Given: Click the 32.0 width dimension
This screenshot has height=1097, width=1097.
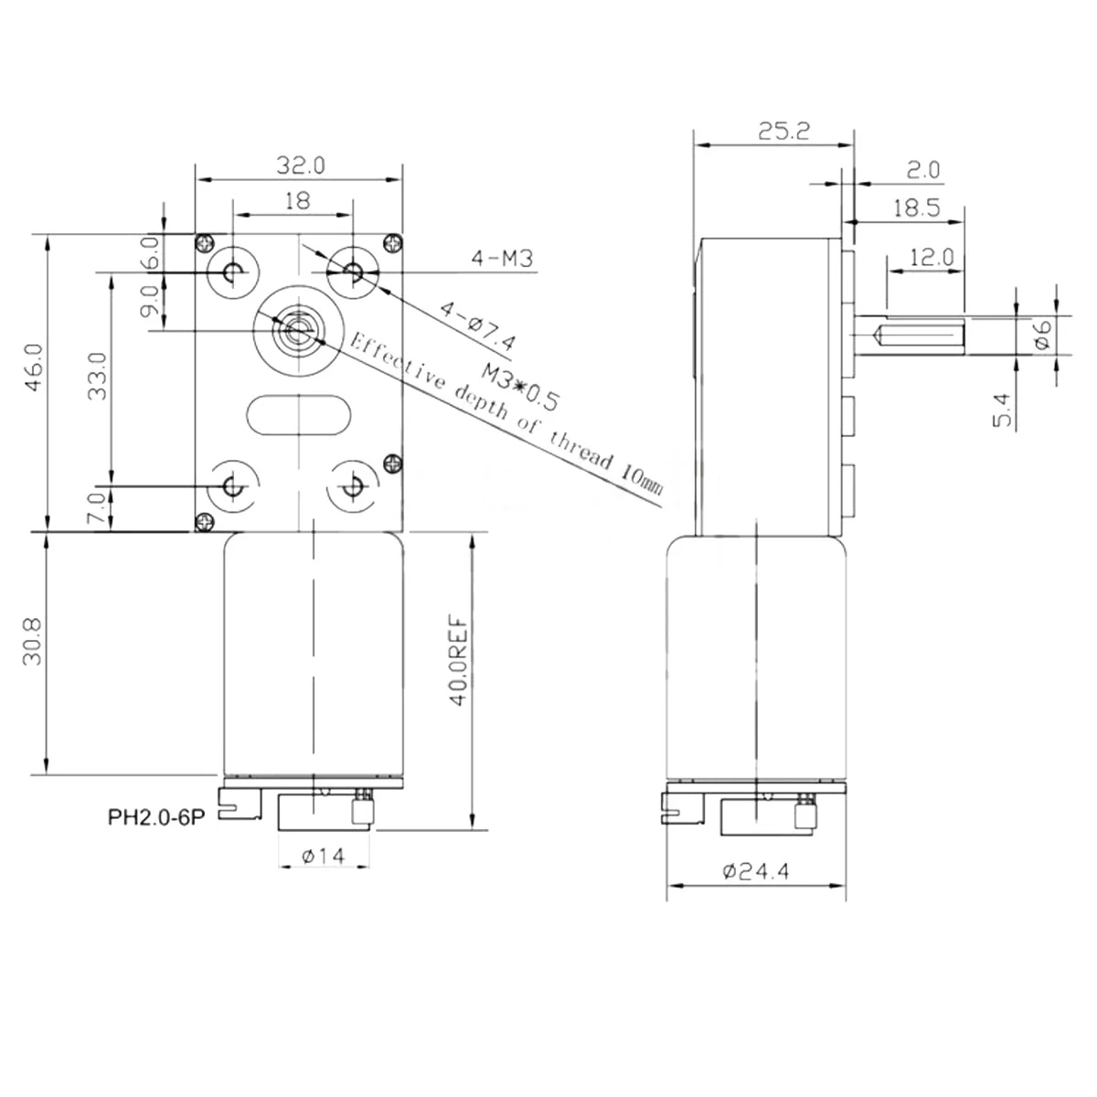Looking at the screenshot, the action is [301, 165].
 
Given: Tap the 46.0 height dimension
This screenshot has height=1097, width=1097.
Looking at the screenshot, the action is [34, 367].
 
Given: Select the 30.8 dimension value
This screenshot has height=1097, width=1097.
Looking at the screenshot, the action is [32, 642].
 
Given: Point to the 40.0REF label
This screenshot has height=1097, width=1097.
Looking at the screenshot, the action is [459, 660].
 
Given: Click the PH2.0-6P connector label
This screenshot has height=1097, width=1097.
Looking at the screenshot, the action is [156, 818].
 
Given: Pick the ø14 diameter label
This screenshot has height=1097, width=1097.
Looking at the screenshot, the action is [324, 856].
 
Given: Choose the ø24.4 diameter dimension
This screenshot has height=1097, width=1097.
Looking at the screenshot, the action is [755, 871].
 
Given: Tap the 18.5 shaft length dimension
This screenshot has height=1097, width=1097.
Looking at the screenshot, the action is [916, 208].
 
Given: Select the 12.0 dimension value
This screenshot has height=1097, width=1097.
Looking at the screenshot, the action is [931, 257].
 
